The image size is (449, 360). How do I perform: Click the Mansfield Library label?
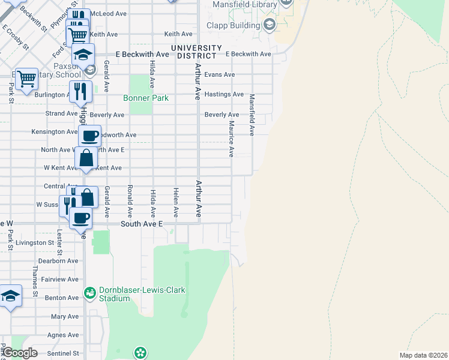246,5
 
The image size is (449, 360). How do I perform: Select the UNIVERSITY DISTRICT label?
196,52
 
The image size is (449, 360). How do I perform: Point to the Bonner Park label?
146,98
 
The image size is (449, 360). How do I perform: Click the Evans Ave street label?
219,75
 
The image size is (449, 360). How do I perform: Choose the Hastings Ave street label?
224,94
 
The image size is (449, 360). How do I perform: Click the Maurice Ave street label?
231,139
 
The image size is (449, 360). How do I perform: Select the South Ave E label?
142,224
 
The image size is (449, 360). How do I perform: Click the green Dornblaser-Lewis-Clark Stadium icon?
90,293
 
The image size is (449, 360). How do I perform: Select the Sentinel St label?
63,353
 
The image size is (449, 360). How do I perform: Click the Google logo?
20,353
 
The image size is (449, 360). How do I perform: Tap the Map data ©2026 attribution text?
423,355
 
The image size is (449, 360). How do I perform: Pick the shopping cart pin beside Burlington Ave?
26,78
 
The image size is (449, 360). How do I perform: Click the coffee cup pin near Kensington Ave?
89,136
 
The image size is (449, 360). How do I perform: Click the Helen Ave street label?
176,202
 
